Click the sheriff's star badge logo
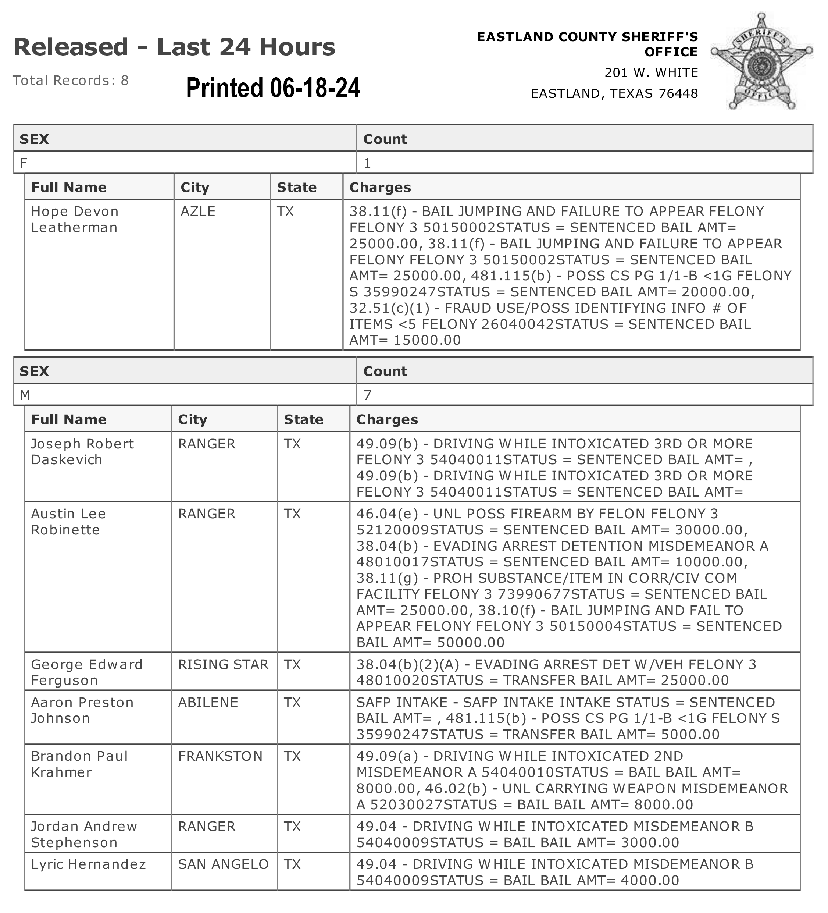pos(761,61)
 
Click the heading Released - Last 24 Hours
pos(174,47)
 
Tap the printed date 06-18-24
pos(272,88)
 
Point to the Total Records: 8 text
pos(71,80)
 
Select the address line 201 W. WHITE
pos(651,72)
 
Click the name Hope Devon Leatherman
pos(75,219)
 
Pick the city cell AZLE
pos(198,212)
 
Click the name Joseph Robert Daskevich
pos(82,451)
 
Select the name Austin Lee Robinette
pos(68,522)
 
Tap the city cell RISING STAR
pos(223,664)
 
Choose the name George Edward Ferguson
pos(86,672)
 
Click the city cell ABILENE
pos(208,703)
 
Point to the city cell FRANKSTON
pos(220,756)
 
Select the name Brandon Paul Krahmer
pos(79,764)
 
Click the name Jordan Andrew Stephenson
pos(84,834)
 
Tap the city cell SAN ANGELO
pos(223,864)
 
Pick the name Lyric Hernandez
pos(88,864)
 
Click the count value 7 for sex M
pos(367,395)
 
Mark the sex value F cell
pos(23,163)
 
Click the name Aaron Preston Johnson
pos(82,710)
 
